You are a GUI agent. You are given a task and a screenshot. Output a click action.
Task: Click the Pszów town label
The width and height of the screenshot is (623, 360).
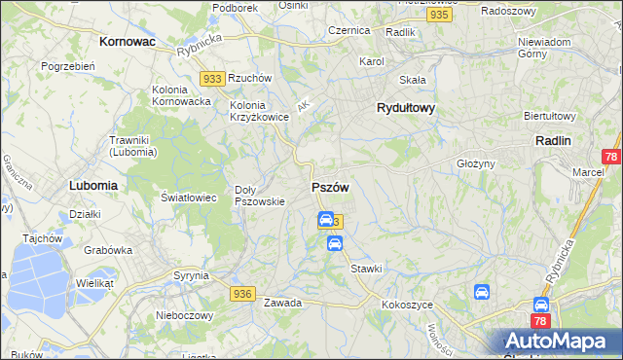click(x=329, y=186)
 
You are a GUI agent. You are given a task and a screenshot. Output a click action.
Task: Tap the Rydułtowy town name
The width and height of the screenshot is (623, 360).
click(x=405, y=109)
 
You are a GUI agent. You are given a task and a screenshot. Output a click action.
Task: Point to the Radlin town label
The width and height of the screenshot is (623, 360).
click(x=553, y=140)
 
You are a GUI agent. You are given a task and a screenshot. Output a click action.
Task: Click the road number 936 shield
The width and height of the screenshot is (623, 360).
click(x=243, y=293)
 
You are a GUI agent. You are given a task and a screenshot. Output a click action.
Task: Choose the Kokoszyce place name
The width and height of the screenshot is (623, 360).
click(x=408, y=305)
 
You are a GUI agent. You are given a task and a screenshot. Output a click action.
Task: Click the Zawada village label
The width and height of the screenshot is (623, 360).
click(x=282, y=303)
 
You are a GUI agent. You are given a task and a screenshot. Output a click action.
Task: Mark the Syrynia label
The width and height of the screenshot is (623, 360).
click(x=192, y=275)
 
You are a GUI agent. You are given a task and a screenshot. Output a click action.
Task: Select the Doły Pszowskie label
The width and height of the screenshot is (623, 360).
click(x=260, y=196)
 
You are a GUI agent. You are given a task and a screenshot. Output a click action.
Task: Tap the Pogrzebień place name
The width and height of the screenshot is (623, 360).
click(x=67, y=66)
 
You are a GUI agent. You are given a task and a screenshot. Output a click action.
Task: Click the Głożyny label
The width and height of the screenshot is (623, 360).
click(x=476, y=163)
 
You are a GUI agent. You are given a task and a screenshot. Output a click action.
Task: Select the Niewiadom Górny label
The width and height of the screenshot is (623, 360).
click(x=544, y=49)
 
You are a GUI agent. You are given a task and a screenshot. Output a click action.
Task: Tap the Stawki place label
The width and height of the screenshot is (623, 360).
click(x=366, y=268)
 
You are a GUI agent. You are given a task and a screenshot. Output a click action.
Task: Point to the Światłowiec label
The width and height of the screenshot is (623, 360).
click(x=188, y=198)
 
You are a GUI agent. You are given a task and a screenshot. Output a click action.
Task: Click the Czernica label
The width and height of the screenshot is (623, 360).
click(x=348, y=30)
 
